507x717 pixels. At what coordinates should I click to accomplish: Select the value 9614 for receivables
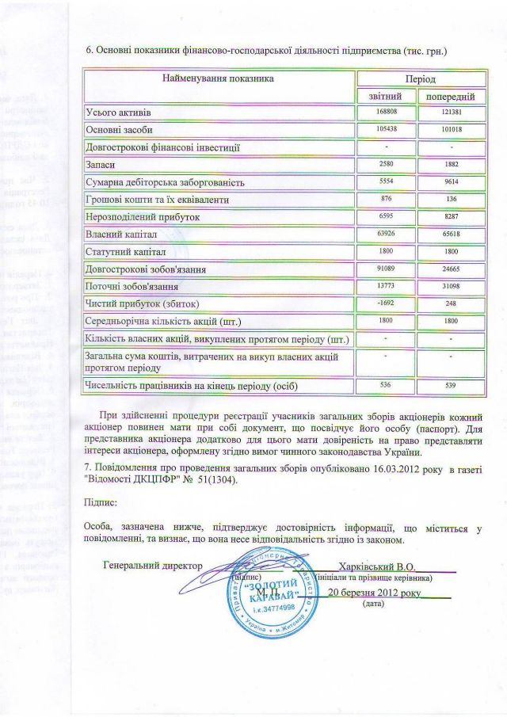tap(451, 181)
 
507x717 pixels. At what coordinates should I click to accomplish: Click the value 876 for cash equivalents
tap(386, 200)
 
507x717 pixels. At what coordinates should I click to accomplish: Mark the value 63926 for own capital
tap(386, 235)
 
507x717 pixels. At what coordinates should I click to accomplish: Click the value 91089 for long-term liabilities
tap(386, 269)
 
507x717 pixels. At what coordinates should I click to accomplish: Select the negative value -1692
tap(386, 303)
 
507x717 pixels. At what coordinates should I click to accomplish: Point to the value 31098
tap(451, 286)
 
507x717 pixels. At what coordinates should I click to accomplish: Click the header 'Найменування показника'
tap(219, 80)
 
